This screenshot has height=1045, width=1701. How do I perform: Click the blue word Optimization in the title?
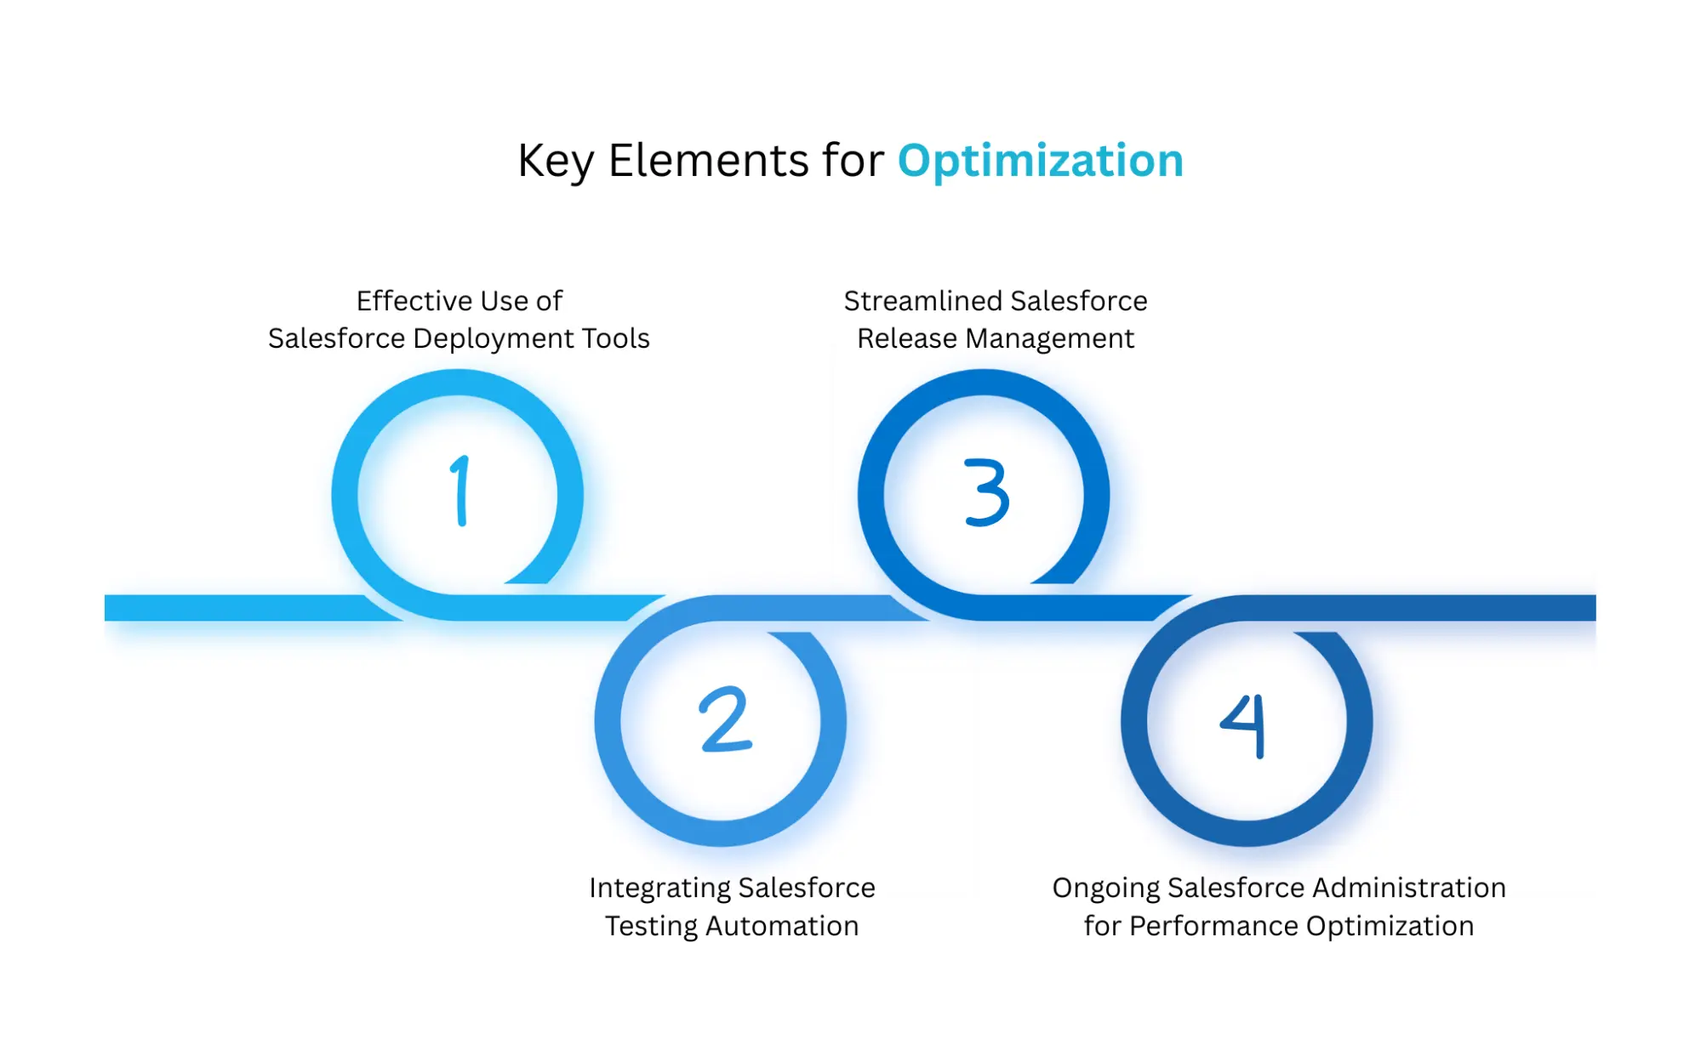(1040, 161)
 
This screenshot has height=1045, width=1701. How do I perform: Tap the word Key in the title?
(555, 161)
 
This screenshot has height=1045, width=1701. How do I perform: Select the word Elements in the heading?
(708, 161)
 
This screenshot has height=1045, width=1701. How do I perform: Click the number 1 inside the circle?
(460, 491)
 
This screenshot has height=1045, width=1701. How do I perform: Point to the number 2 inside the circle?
(725, 719)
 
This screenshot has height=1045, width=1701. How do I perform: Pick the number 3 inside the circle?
(986, 492)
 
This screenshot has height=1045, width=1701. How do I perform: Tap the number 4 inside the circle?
(1244, 724)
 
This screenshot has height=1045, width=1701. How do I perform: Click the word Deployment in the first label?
(493, 338)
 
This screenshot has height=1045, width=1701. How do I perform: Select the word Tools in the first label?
(615, 338)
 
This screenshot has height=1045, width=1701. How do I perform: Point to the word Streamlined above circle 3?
(922, 301)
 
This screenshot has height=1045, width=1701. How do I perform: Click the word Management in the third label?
(1049, 338)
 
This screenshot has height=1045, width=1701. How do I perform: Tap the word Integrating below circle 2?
(659, 888)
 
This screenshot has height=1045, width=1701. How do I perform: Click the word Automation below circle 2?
(782, 926)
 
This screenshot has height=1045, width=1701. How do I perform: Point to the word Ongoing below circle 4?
(1105, 888)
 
